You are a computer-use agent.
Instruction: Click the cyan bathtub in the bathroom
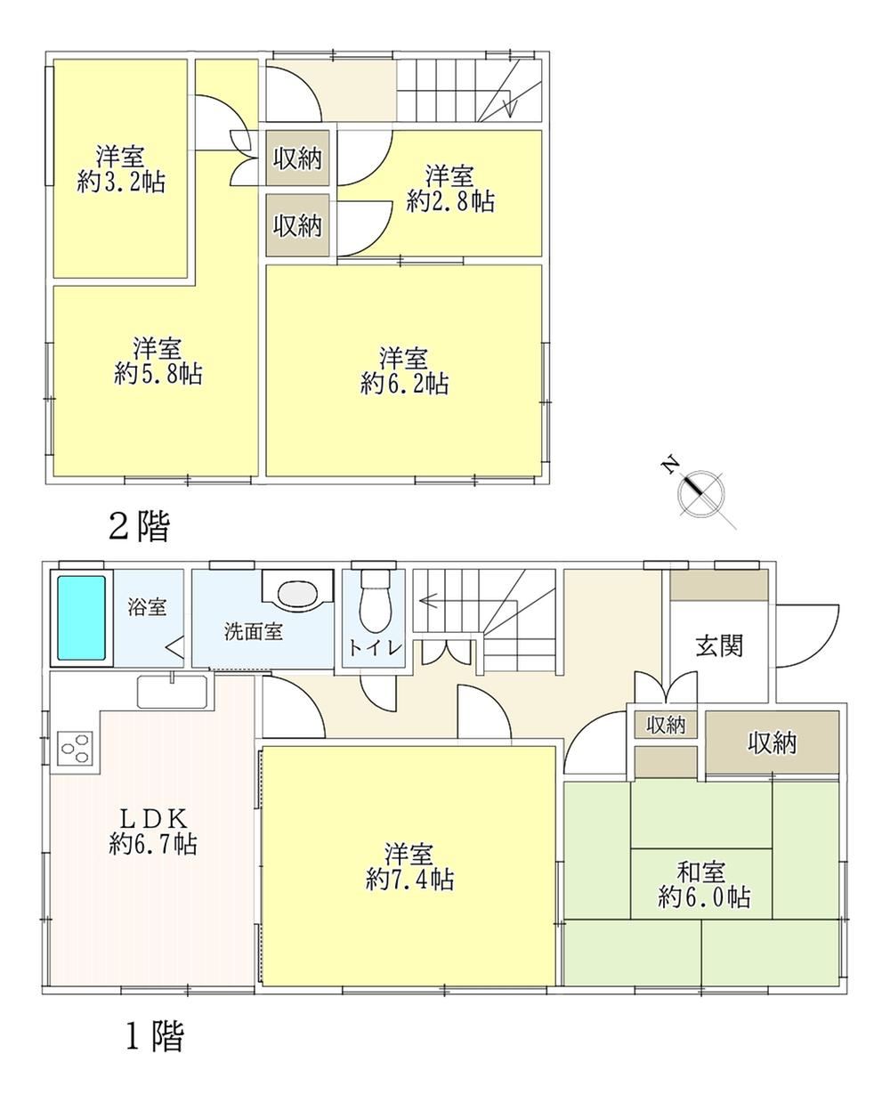coord(81,619)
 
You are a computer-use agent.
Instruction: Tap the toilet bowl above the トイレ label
coord(375,601)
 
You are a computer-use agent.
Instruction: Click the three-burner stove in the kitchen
coord(75,748)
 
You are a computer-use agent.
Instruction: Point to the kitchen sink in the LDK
coord(172,692)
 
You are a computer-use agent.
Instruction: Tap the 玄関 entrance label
coord(719,645)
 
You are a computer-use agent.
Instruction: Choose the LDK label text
coord(153,819)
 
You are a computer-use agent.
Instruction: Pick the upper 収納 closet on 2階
coord(297,158)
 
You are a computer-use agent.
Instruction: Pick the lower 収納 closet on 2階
coord(297,225)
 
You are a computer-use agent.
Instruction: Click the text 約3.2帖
coord(121,182)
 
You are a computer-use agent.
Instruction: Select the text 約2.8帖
coord(450,201)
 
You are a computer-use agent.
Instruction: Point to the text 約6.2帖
coord(404,384)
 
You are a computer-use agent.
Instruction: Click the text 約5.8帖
coord(158,373)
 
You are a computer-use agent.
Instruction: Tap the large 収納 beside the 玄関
coord(773,743)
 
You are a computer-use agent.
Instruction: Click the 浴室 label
coord(148,607)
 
